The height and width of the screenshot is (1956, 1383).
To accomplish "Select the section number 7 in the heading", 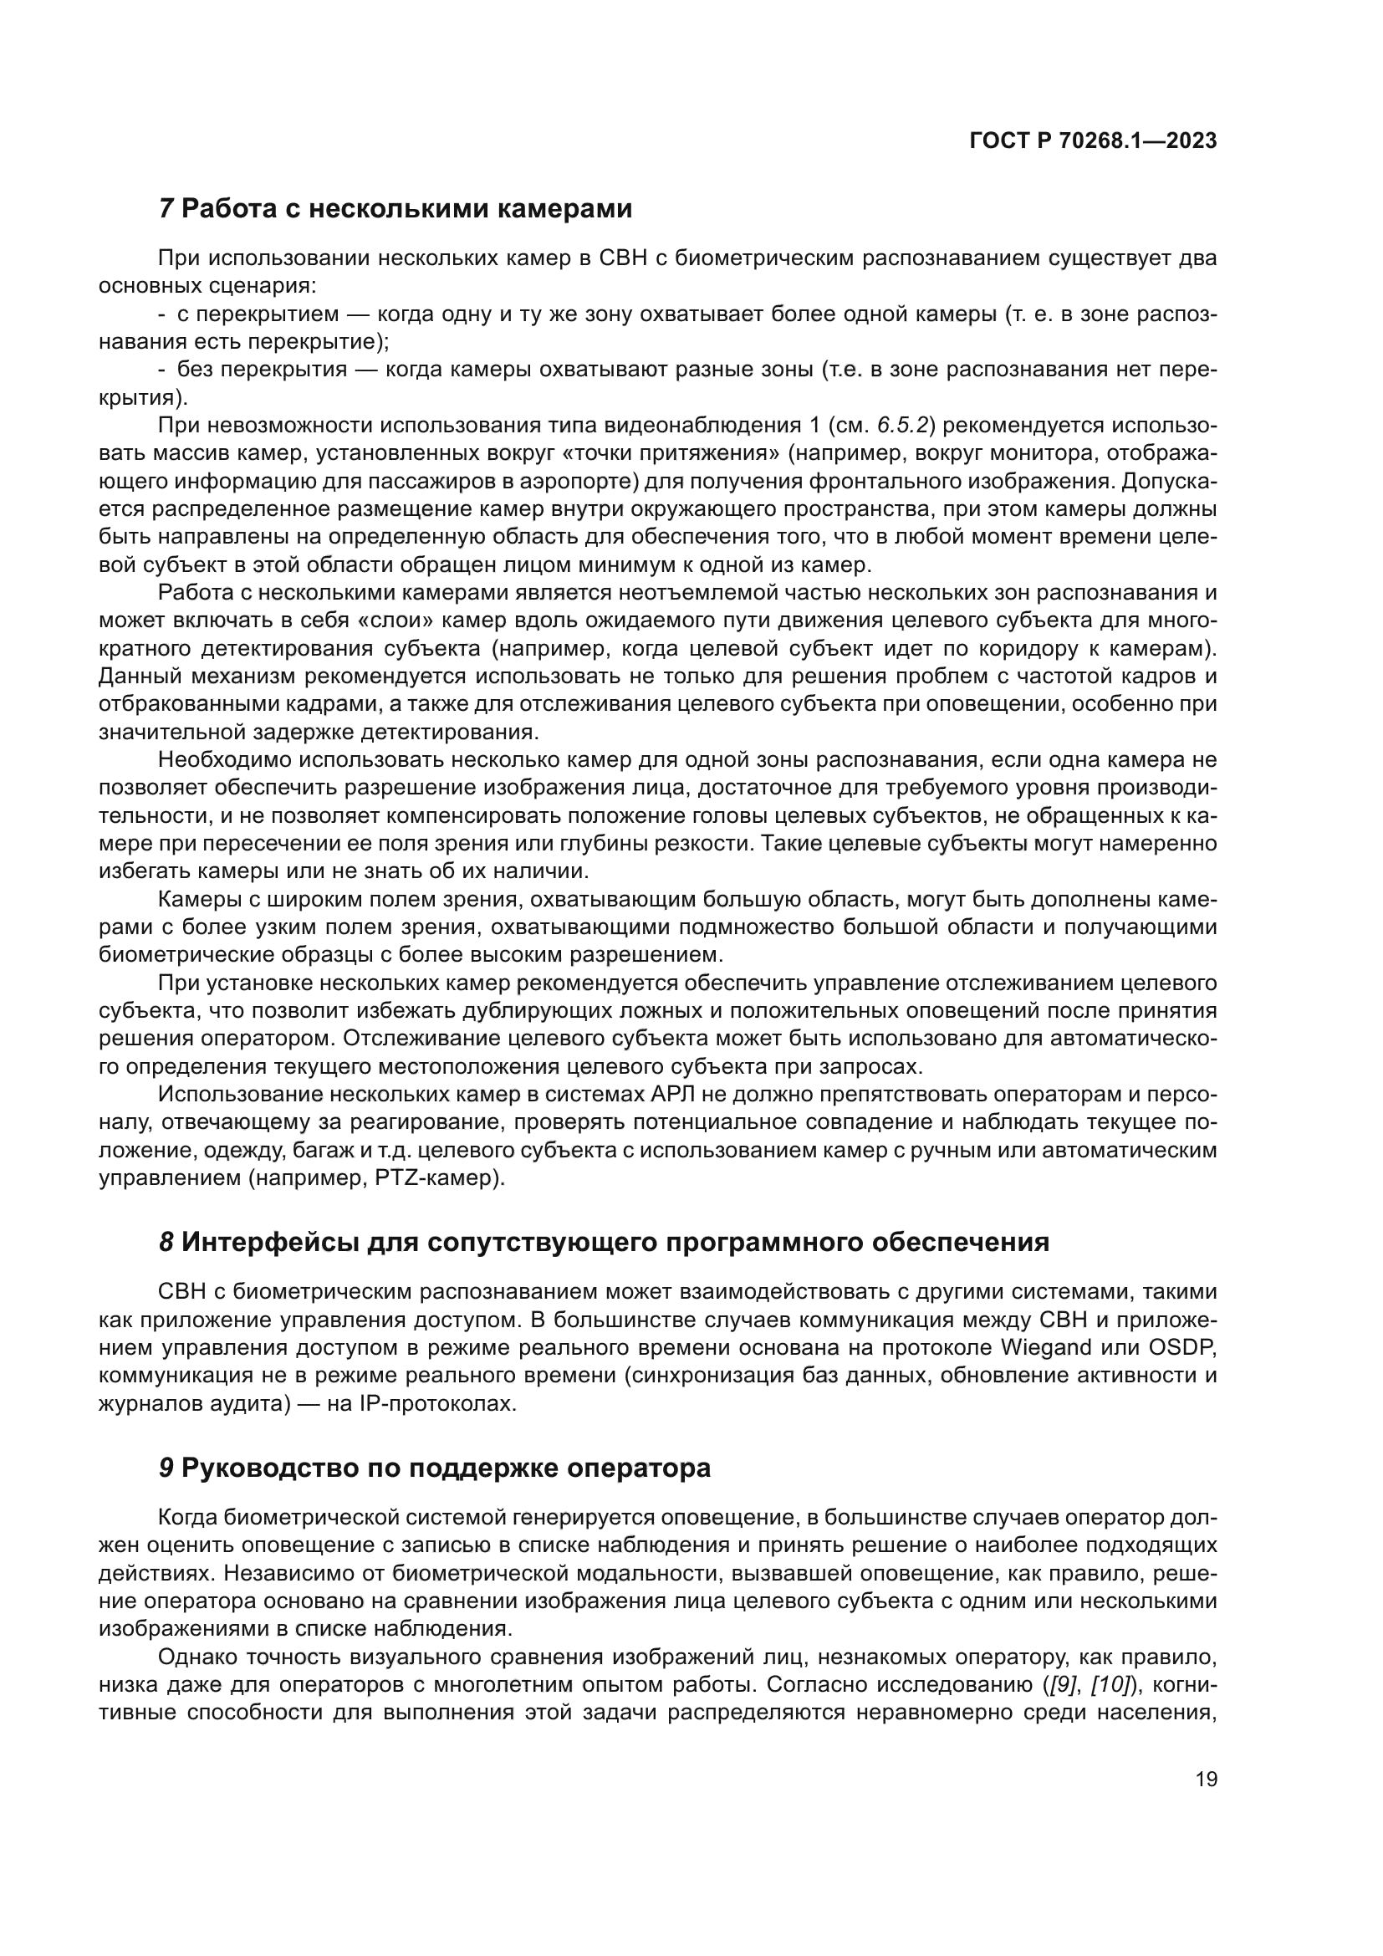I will [166, 209].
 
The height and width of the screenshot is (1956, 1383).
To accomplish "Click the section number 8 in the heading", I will [166, 1242].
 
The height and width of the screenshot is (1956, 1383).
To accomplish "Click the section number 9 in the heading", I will [166, 1468].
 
